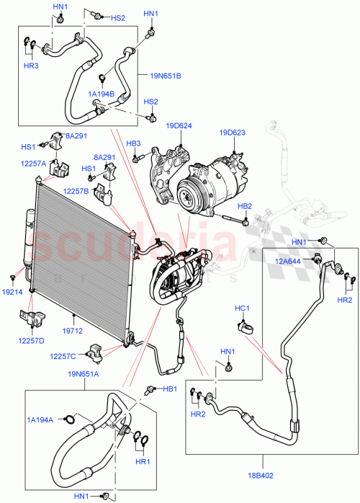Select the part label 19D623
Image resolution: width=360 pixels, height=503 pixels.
pos(233,133)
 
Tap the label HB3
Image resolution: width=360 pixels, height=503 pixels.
pos(133,143)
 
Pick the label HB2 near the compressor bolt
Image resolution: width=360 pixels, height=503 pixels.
pos(245,206)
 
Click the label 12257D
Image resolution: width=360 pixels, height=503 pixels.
pos(31,340)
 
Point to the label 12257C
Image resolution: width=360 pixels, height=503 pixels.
pos(63,356)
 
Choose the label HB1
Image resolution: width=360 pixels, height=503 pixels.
pos(169,389)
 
